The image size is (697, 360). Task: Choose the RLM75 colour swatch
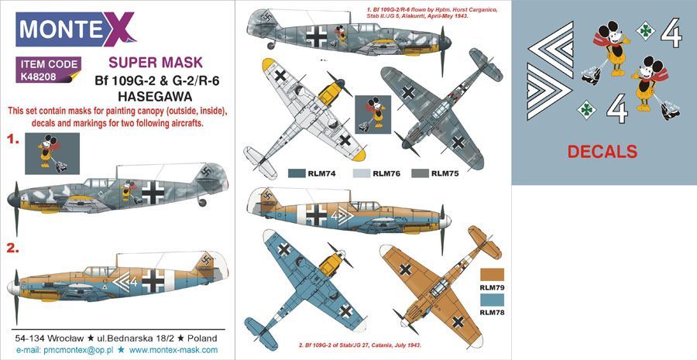point(421,173)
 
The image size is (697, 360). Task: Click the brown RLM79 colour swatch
point(492,275)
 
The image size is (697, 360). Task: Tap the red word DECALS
point(603,151)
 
